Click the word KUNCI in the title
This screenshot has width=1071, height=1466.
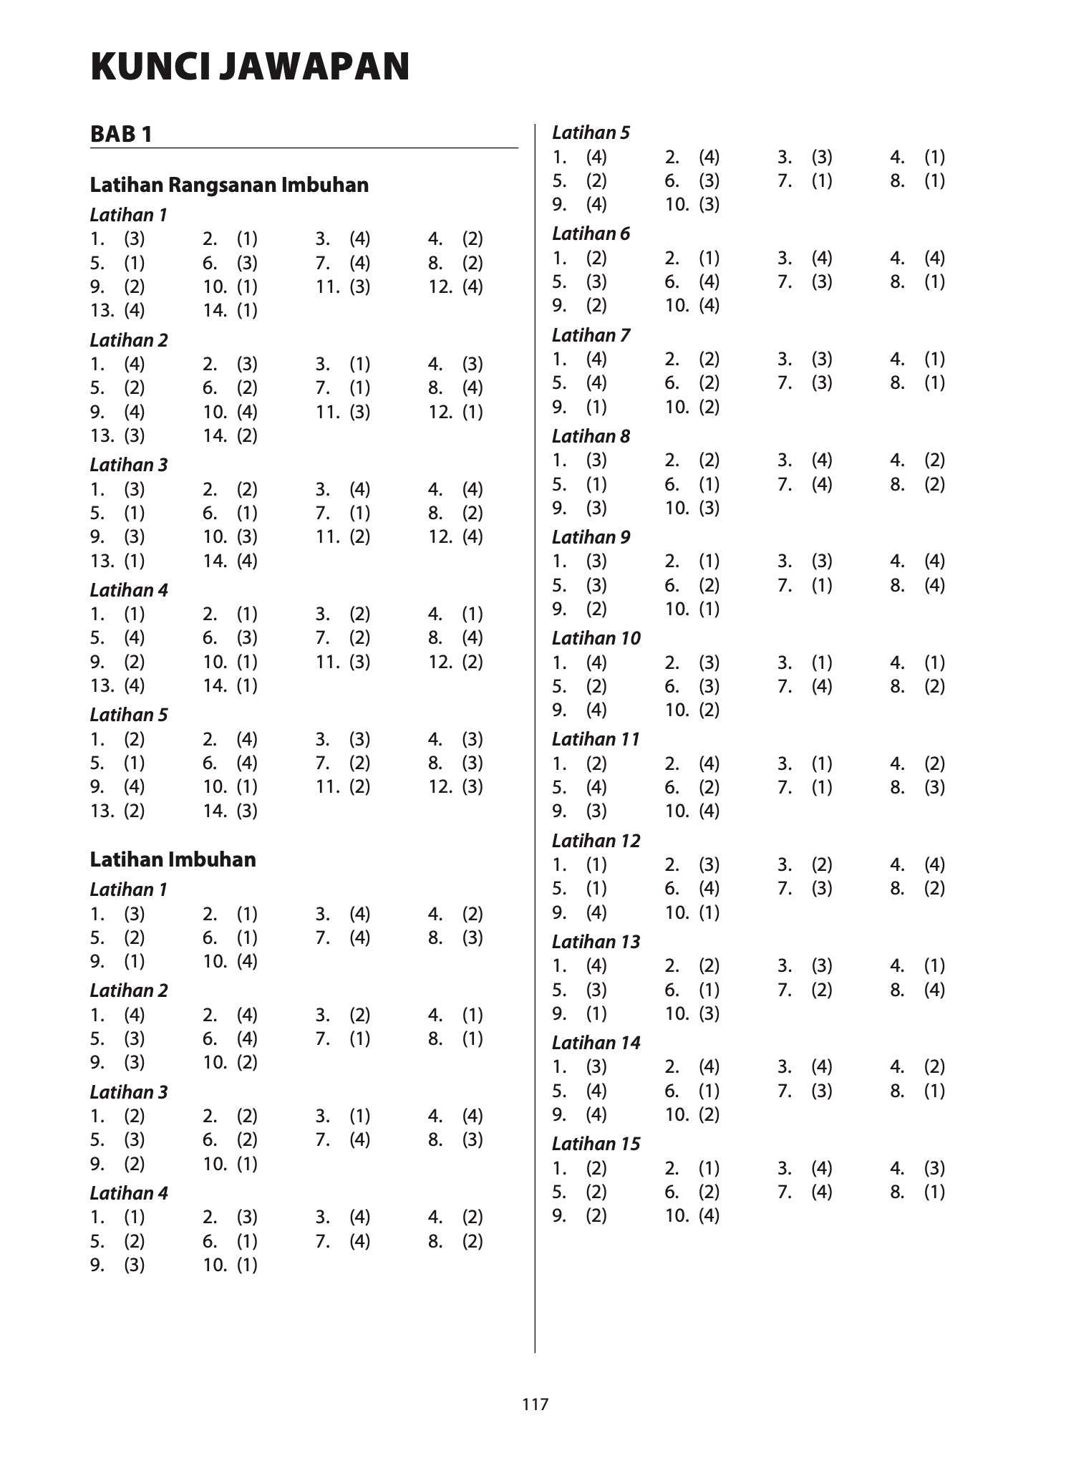(x=147, y=67)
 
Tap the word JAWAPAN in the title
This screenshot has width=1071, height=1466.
(x=314, y=67)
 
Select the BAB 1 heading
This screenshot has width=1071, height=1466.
(x=121, y=134)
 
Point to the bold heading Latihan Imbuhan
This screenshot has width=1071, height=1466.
(x=173, y=859)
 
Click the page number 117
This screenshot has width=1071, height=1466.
(x=535, y=1404)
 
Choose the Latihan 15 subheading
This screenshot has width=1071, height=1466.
(x=596, y=1144)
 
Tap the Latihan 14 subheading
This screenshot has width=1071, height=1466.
(x=596, y=1043)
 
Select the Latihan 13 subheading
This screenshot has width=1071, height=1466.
(x=596, y=942)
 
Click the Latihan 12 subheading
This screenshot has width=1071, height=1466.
(x=596, y=841)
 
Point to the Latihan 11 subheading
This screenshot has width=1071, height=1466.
(x=596, y=739)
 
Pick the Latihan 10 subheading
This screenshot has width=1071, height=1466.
(x=596, y=638)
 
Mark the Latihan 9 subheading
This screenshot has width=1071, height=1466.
(x=591, y=537)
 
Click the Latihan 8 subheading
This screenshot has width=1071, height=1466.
(x=591, y=436)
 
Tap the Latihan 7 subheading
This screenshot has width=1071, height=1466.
(x=591, y=335)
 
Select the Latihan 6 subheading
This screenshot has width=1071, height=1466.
(x=591, y=234)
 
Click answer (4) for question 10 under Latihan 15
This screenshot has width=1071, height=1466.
(x=709, y=1216)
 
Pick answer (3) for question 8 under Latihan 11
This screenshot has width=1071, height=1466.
(x=934, y=787)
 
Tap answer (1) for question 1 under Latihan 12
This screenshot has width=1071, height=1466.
(x=596, y=864)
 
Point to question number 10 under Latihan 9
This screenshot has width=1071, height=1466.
(x=677, y=609)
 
